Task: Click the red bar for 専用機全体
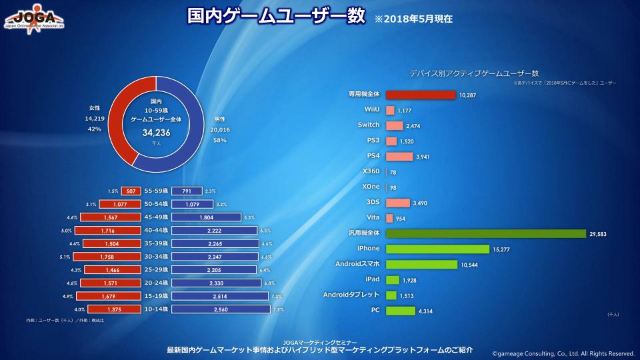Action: pyautogui.click(x=421, y=95)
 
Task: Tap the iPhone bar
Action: pyautogui.click(x=437, y=249)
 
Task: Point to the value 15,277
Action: pyautogui.click(x=501, y=249)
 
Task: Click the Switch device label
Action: pyautogui.click(x=368, y=125)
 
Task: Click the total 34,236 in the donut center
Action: pyautogui.click(x=157, y=133)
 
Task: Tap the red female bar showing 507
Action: pyautogui.click(x=131, y=191)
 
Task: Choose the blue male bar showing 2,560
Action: pyautogui.click(x=221, y=309)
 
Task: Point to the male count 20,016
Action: pyautogui.click(x=219, y=129)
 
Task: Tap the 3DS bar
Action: pyautogui.click(x=397, y=203)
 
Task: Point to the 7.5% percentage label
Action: pyautogui.click(x=278, y=309)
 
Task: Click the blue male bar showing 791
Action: pyautogui.click(x=187, y=191)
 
